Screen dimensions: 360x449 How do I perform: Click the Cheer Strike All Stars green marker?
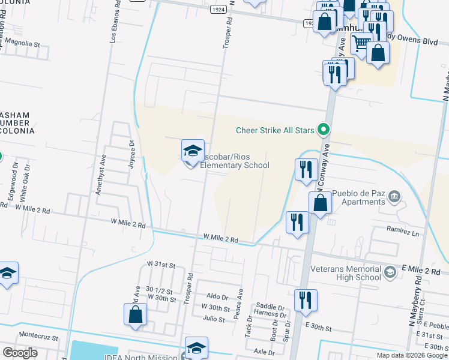coord(324,129)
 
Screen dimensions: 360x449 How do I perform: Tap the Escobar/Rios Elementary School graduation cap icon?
coord(193,151)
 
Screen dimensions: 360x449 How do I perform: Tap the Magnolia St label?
coord(22,44)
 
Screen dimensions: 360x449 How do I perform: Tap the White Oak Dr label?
coord(25,187)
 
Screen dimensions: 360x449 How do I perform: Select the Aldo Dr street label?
coord(217,297)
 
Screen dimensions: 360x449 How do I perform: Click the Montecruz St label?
coord(38,337)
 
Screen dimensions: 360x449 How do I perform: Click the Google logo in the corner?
coord(20,352)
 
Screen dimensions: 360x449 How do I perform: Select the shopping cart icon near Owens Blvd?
coord(361,43)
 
